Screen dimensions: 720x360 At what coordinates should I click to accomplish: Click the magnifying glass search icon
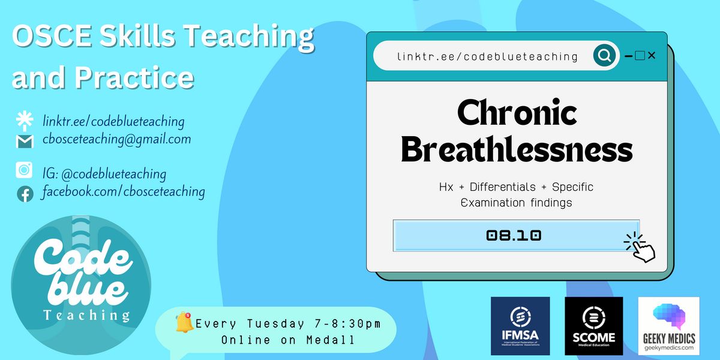coord(604,56)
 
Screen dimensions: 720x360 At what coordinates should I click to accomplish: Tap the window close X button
coord(652,56)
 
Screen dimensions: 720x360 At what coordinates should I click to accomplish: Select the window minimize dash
coord(628,56)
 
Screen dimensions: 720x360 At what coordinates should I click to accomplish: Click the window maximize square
coord(640,56)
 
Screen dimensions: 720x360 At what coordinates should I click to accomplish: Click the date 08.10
coord(514,235)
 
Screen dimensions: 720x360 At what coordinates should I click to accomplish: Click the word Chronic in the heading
coord(517,113)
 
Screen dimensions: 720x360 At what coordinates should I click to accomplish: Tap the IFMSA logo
coord(520,326)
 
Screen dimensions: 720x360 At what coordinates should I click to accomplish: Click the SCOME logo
coord(593,326)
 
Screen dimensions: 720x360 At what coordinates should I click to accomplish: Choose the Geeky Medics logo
coord(668,326)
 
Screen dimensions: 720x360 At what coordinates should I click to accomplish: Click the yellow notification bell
coord(184,322)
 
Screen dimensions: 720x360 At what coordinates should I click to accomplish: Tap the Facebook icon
coord(25,194)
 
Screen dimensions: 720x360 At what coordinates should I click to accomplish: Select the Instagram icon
coord(24,170)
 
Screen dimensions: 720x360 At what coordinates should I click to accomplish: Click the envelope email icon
coord(25,142)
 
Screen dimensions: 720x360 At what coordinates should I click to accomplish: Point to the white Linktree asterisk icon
coord(25,121)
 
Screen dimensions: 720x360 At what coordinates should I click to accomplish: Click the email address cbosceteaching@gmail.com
coord(116,139)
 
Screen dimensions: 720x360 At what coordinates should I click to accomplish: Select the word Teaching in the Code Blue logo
coord(86,316)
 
